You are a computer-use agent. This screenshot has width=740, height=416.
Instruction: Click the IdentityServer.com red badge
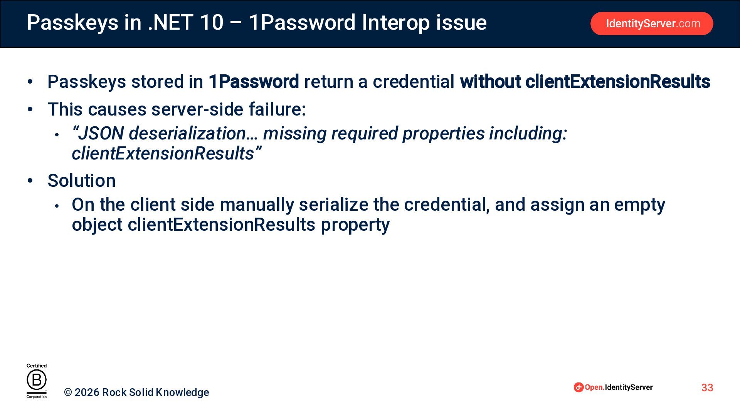[x=651, y=23]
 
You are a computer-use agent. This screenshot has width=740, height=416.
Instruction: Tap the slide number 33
[x=707, y=387]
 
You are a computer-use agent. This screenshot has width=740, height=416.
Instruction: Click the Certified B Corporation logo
[x=37, y=381]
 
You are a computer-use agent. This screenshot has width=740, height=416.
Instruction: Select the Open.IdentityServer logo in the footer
[x=613, y=387]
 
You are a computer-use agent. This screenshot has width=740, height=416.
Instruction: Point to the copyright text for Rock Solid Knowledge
[x=136, y=392]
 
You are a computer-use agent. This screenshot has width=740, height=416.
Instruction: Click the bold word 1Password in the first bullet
[x=254, y=82]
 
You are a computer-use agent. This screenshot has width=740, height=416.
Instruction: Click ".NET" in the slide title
[x=170, y=22]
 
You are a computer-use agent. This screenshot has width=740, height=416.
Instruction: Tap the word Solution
[x=81, y=181]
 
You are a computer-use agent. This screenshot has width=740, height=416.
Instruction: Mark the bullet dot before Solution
[x=30, y=181]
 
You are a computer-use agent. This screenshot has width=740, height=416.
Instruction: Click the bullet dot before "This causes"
[x=30, y=109]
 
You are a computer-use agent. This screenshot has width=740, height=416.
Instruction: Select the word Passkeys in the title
[x=72, y=23]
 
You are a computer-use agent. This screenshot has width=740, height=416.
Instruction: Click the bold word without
[x=490, y=82]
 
